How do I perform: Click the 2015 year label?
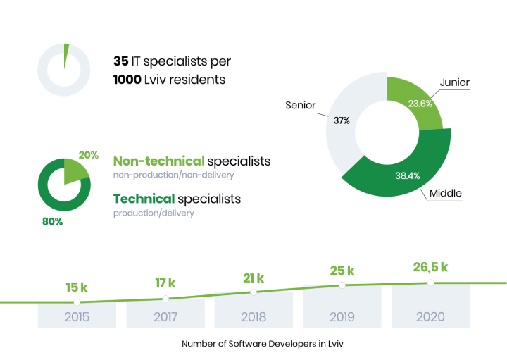77,316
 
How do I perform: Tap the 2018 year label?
254,316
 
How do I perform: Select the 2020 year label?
430,316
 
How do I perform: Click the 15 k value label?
77,287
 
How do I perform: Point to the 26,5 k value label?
430,267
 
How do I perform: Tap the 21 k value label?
254,278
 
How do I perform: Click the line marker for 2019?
342,285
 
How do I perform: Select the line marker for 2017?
165,299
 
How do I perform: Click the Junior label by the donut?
455,82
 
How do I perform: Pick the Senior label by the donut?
301,105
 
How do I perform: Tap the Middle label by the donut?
446,194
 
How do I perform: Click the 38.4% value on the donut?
408,175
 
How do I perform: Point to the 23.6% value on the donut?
420,104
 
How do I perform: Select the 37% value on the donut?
342,120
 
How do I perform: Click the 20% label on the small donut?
88,155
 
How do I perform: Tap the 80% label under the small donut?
52,221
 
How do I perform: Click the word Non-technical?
158,161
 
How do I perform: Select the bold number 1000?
127,80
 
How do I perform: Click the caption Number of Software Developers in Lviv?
262,344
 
